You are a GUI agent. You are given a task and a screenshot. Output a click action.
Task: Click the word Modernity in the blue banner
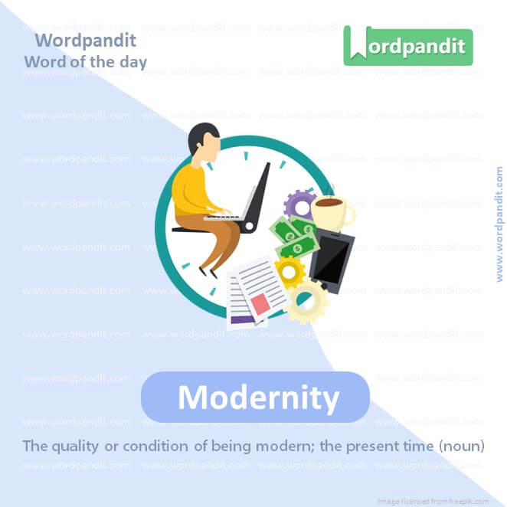pos(258,397)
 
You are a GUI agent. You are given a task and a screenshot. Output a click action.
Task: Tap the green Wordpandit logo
pos(408,46)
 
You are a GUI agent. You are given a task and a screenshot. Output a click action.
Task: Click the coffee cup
pos(331,214)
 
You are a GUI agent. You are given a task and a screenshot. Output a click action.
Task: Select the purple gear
pos(297,204)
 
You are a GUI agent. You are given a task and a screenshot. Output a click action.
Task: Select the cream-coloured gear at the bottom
pos(309,300)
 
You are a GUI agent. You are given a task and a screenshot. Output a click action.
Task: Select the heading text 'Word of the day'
pos(85,61)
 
